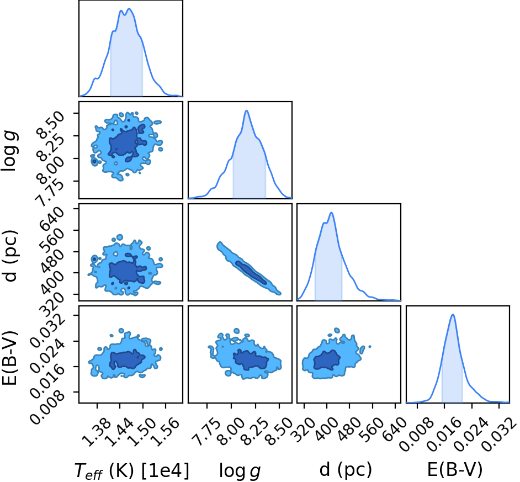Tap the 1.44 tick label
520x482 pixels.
(118, 432)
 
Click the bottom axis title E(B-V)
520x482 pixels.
(454, 470)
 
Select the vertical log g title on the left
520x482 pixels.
(9, 151)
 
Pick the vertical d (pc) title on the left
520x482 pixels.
(10, 255)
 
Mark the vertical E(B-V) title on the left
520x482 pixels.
(9, 358)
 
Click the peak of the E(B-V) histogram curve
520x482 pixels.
(452, 315)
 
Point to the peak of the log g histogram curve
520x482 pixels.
(246, 110)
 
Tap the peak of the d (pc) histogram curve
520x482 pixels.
(331, 213)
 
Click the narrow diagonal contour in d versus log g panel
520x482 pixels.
(248, 269)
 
